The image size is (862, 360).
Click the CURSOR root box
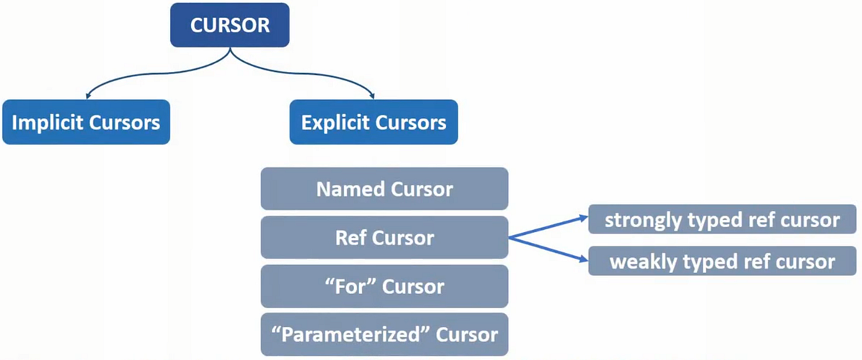click(x=230, y=26)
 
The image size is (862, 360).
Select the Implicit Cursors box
click(x=86, y=122)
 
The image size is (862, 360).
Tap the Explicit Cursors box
click(x=374, y=122)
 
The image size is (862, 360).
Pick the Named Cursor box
click(x=384, y=189)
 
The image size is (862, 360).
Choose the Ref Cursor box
click(x=384, y=237)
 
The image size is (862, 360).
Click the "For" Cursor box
click(x=384, y=286)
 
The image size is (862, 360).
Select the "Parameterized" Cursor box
click(x=384, y=334)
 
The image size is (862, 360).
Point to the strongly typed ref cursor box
click(x=722, y=219)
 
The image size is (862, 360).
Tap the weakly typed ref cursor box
click(x=722, y=262)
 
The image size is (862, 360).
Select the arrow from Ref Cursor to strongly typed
click(x=550, y=226)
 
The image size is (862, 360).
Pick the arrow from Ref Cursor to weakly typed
click(x=550, y=251)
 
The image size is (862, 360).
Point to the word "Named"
click(x=351, y=189)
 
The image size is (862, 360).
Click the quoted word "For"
click(x=350, y=286)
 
